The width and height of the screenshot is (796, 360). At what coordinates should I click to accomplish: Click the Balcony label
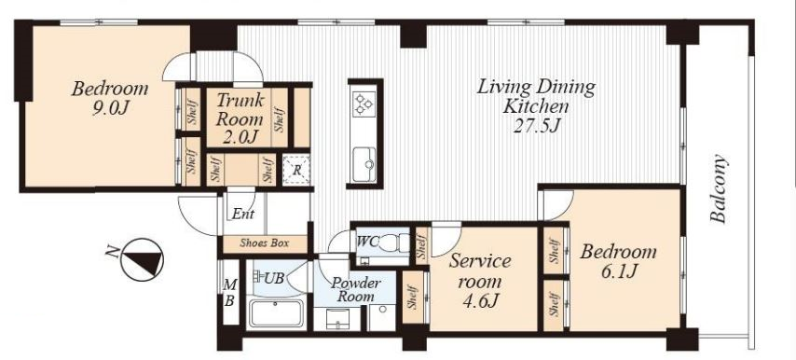click(719, 189)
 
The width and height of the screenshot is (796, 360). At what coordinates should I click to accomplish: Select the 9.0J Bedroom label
click(110, 98)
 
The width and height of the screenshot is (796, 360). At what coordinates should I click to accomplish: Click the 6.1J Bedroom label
click(618, 261)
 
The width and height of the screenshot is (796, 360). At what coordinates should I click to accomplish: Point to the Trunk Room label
click(240, 118)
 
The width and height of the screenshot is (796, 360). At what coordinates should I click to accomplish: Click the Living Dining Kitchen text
click(536, 96)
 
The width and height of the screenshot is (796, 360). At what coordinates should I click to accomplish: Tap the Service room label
click(480, 281)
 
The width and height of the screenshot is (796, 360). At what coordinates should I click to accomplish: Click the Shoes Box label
click(264, 243)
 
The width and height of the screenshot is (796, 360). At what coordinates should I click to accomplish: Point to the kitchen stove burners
click(364, 104)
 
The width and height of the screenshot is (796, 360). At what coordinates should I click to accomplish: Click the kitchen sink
click(364, 159)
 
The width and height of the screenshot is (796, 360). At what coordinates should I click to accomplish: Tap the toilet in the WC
click(395, 242)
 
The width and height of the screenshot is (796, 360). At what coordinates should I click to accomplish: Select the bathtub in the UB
click(277, 312)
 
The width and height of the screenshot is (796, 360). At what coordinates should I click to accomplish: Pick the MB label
click(229, 294)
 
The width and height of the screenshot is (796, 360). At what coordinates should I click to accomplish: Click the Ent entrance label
click(242, 215)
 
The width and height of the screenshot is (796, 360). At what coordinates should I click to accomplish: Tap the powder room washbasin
click(336, 318)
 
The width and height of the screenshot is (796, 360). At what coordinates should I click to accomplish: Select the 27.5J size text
click(536, 125)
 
